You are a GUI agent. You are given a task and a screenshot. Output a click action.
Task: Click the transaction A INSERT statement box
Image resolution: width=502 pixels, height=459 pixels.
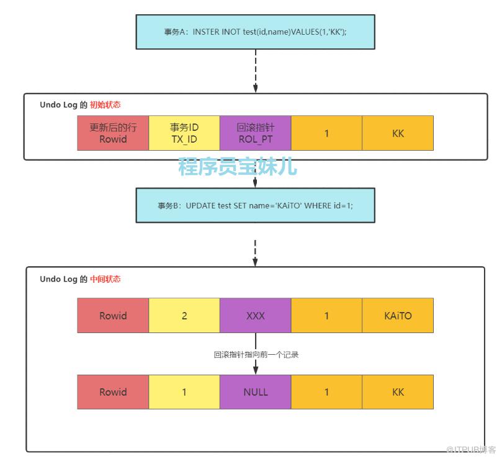[x=255, y=32]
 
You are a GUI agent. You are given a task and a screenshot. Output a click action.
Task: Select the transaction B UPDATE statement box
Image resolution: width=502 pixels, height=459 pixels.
[x=255, y=205]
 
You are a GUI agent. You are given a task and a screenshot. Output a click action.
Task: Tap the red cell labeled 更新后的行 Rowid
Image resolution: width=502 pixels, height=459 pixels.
[x=113, y=133]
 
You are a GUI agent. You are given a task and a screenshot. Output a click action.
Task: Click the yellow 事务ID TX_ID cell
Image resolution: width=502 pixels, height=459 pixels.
[x=184, y=133]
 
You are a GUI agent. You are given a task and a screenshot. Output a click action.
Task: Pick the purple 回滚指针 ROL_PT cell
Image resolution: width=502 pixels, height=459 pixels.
[x=256, y=133]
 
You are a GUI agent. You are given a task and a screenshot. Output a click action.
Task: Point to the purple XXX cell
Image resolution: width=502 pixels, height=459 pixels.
[x=256, y=315]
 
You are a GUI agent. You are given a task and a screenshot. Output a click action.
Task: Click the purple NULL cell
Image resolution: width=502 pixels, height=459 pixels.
[x=256, y=392]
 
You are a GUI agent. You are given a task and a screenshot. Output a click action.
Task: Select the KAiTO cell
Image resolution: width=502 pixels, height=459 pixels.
[x=398, y=315]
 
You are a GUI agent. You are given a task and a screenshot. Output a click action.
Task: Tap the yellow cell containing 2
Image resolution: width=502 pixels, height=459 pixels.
[x=184, y=315]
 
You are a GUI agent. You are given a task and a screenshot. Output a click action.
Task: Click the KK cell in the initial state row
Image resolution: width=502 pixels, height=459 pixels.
[x=398, y=133]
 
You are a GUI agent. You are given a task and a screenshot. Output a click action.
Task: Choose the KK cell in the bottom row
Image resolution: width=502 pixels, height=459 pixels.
[x=398, y=392]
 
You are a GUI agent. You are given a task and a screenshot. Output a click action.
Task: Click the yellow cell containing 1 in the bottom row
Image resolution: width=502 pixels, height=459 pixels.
[x=184, y=392]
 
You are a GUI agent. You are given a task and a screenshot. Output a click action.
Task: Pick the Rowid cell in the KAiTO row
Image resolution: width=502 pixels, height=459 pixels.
[x=113, y=315]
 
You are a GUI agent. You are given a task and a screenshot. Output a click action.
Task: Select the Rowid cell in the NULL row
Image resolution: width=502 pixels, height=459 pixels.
[x=113, y=392]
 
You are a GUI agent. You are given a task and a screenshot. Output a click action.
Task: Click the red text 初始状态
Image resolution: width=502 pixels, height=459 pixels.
[x=105, y=105]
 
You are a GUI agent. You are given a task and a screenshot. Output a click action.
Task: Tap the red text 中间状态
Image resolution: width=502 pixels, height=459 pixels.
[x=105, y=279]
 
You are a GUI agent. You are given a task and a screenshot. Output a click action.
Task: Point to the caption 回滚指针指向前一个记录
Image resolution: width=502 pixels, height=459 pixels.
[x=256, y=355]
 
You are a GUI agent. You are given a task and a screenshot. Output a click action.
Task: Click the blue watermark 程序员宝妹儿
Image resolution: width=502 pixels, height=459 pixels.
[x=238, y=166]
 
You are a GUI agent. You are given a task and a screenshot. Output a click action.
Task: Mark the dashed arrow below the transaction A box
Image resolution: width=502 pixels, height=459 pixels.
[x=256, y=69]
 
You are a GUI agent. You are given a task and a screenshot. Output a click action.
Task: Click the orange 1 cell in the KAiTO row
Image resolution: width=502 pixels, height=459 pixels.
[x=326, y=315]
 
